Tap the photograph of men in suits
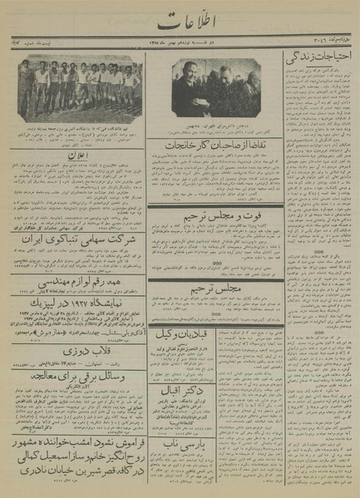tap(215, 85)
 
